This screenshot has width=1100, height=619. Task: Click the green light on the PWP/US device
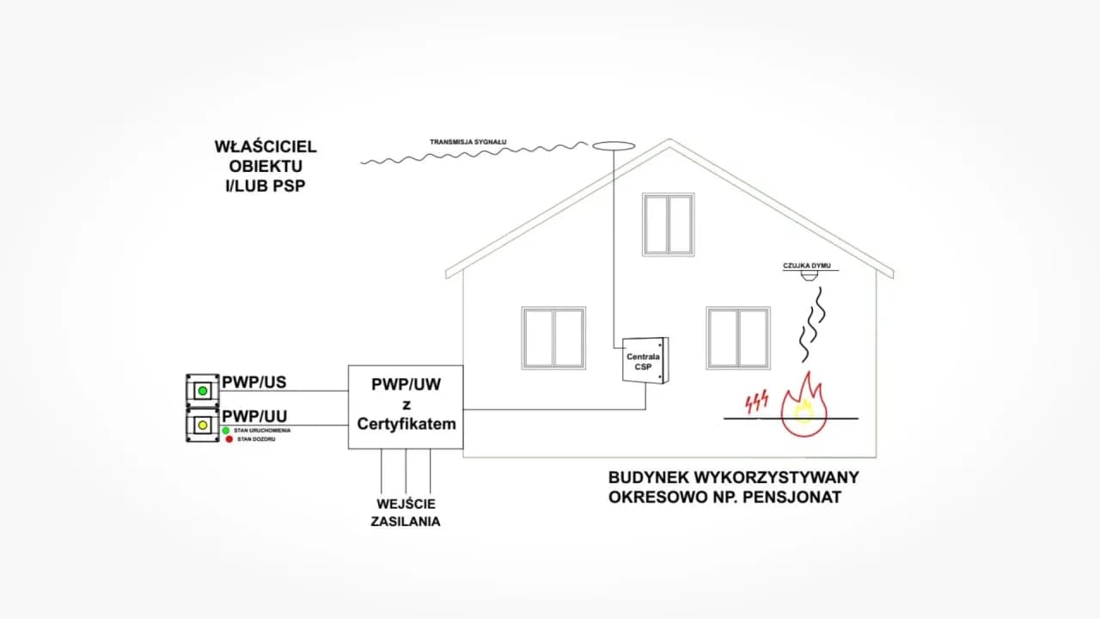point(203,390)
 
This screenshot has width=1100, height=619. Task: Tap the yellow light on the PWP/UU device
point(203,424)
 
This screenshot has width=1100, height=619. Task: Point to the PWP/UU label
point(254,414)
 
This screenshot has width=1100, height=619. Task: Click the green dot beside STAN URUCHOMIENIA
point(226,430)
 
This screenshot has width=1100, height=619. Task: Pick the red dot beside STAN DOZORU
point(229,439)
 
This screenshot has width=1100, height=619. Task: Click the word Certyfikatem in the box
point(406,424)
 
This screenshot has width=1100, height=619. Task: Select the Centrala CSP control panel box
point(645,359)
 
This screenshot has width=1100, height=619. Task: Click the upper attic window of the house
point(668,224)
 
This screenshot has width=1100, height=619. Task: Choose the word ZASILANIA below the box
point(406,521)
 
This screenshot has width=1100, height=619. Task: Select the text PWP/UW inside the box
point(406,384)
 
